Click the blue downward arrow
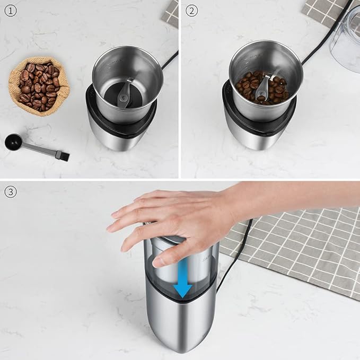tap(183, 279)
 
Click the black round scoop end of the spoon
tap(14, 142)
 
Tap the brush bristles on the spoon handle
tap(62, 155)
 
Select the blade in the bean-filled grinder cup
tap(262, 89)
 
